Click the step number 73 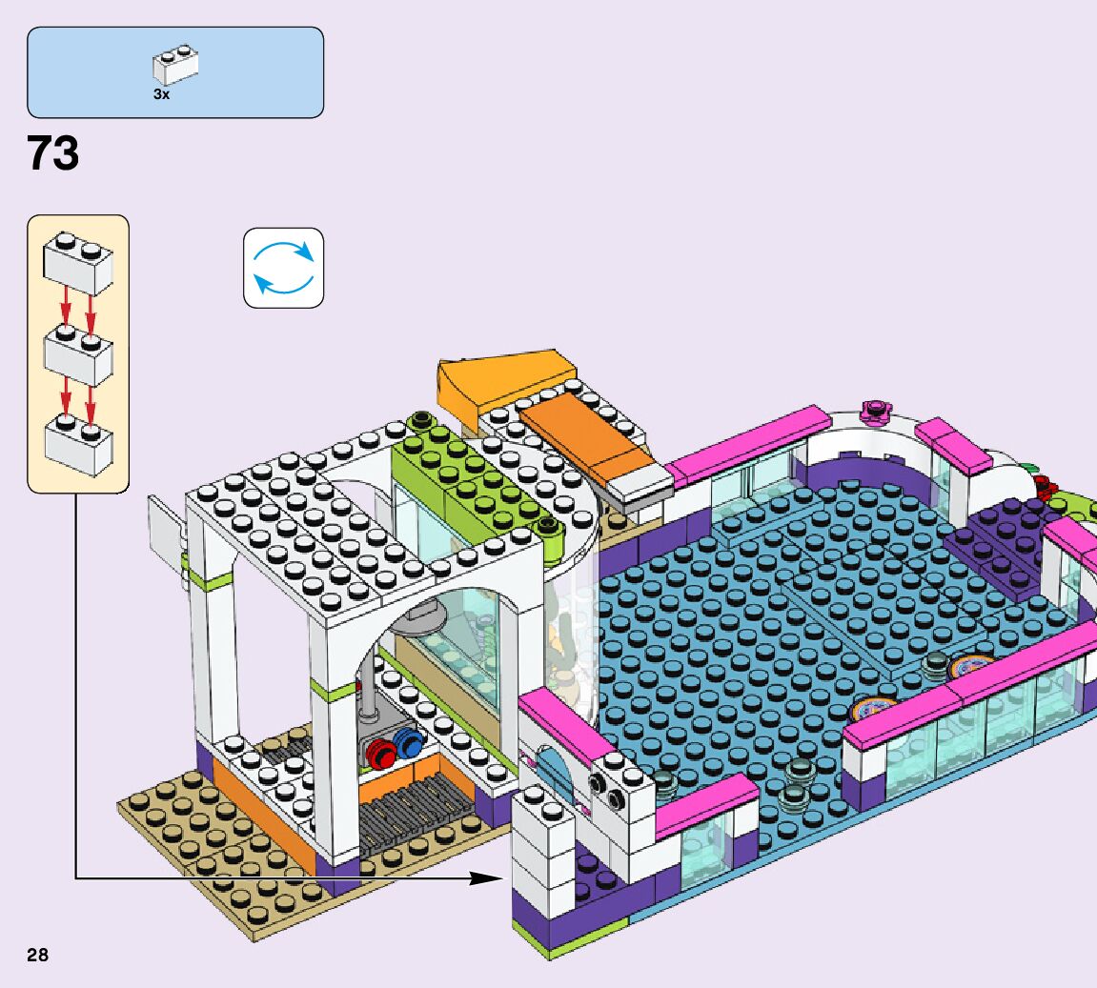point(53,153)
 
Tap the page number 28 point(37,956)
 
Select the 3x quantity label point(160,94)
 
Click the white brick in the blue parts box point(176,65)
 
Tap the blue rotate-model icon point(283,268)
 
